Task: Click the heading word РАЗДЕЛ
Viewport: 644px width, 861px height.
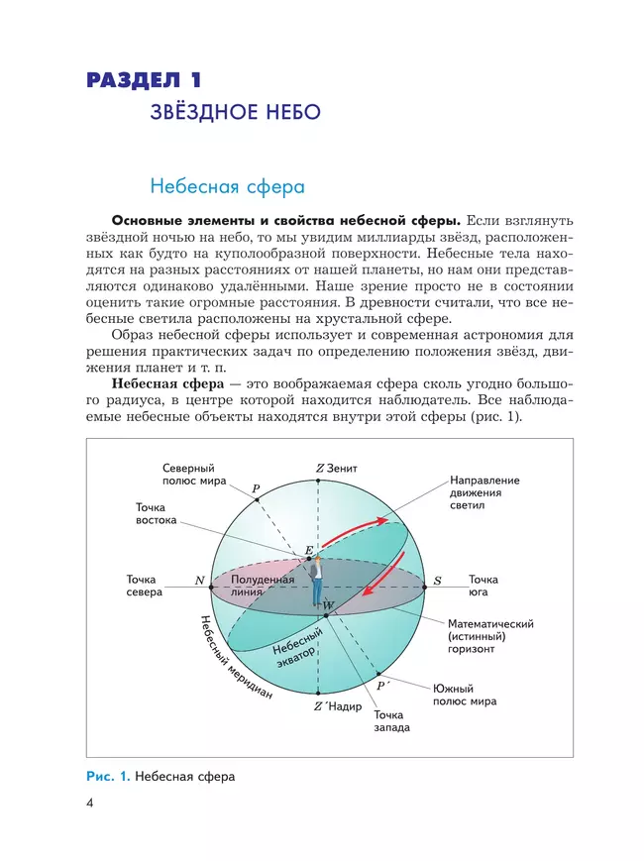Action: pyautogui.click(x=130, y=80)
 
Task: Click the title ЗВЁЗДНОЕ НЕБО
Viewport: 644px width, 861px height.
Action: pyautogui.click(x=235, y=112)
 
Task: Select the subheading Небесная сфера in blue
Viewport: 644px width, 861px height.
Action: pyautogui.click(x=226, y=185)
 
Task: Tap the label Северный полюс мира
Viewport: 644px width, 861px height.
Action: pyautogui.click(x=188, y=474)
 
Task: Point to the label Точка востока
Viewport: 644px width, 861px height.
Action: pyautogui.click(x=157, y=513)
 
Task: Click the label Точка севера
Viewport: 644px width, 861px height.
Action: pyautogui.click(x=145, y=586)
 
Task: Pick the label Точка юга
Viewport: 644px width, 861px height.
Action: pyautogui.click(x=483, y=586)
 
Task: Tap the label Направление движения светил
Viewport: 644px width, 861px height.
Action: pyautogui.click(x=483, y=492)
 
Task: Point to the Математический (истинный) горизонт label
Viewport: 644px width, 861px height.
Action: pyautogui.click(x=490, y=636)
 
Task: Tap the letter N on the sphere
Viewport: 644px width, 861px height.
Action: pyautogui.click(x=200, y=580)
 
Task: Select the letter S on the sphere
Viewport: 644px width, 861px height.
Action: pyautogui.click(x=437, y=580)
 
